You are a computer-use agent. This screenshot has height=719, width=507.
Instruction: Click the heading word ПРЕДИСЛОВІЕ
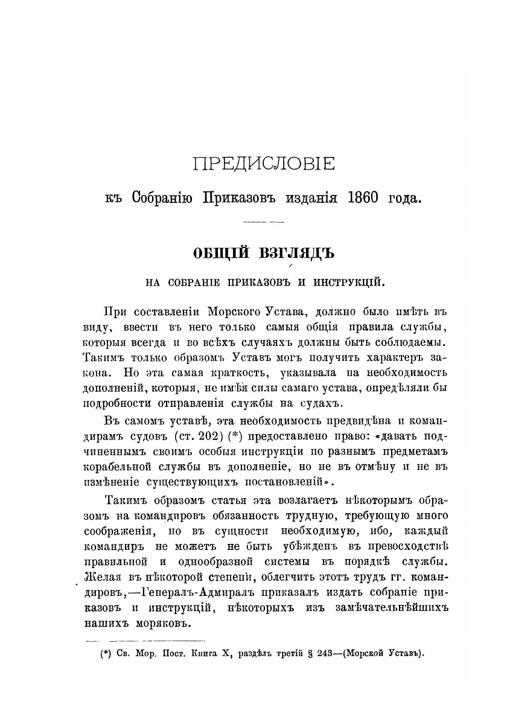coord(263,164)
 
